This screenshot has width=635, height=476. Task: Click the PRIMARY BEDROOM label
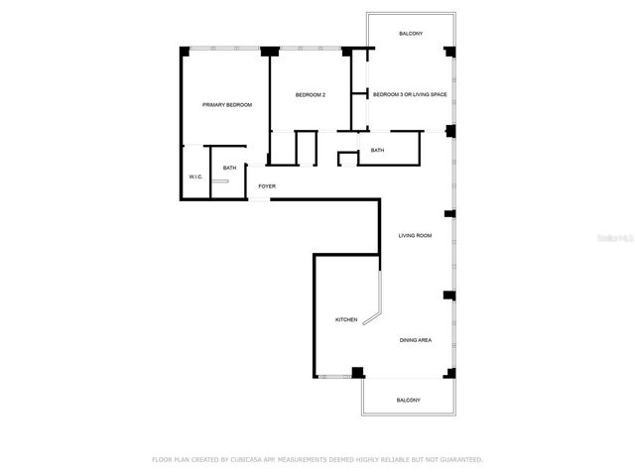click(x=227, y=105)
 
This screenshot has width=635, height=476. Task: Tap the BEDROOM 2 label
click(x=311, y=95)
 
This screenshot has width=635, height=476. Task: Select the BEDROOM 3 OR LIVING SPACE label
click(x=409, y=95)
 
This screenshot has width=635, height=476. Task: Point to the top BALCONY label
click(x=411, y=34)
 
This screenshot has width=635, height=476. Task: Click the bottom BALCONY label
click(x=409, y=400)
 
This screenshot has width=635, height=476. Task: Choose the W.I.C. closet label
click(x=195, y=177)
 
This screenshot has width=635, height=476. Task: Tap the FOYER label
click(x=267, y=186)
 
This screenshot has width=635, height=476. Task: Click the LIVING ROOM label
click(x=415, y=236)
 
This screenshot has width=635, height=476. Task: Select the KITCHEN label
click(x=346, y=319)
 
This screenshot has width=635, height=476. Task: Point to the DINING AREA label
click(x=415, y=340)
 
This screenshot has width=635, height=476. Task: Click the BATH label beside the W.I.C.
click(x=229, y=169)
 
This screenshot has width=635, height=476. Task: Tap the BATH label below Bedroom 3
click(x=377, y=151)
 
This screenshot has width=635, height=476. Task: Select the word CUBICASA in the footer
click(x=250, y=460)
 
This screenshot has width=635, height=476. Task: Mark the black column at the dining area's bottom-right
click(x=450, y=373)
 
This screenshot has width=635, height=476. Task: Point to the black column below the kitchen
click(x=357, y=373)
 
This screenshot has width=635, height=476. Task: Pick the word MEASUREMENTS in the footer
click(x=308, y=460)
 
